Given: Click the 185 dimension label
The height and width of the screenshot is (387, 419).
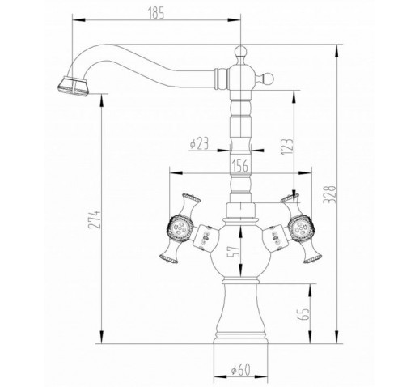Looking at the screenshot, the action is coord(156,12).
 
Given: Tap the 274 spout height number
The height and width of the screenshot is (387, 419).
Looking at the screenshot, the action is coord(95,219).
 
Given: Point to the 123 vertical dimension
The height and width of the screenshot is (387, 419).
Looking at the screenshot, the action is coord(287,147).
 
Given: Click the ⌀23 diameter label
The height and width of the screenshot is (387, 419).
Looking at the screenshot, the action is coord(199,143).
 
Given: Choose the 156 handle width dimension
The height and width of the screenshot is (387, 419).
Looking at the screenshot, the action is coord(239,165).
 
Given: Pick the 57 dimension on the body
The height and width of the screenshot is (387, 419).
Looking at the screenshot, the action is coord(233,252).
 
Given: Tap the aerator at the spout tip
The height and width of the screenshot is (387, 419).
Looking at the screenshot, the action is coord(73,86).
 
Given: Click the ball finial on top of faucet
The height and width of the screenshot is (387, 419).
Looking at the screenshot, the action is coord(239,51).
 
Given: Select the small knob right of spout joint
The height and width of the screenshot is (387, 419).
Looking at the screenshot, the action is coord(268,79).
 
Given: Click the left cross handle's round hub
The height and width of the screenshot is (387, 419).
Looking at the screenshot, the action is coord(180,228).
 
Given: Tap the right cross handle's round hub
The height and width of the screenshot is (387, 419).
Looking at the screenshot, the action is coord(301,228).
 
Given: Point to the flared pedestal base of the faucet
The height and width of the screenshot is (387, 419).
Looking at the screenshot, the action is coord(241,313).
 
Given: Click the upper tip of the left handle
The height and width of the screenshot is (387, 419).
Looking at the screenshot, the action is coord(192,197).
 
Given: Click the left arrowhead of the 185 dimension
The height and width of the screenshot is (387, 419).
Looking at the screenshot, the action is coord(78,20).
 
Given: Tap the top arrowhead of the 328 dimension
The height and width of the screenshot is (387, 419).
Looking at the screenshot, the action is coord(336,51).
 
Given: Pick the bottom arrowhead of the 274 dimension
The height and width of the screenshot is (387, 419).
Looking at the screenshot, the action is coord(102,338).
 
